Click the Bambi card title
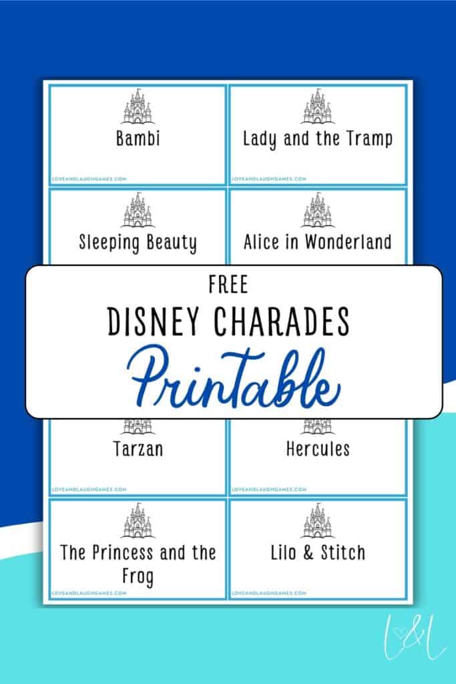pyautogui.click(x=138, y=140)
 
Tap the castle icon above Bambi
pyautogui.click(x=137, y=108)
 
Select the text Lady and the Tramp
pyautogui.click(x=317, y=139)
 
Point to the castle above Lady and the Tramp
pyautogui.click(x=317, y=108)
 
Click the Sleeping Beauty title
pyautogui.click(x=138, y=242)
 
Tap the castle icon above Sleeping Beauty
pyautogui.click(x=137, y=210)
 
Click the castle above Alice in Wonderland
pyautogui.click(x=317, y=210)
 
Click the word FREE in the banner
pyautogui.click(x=228, y=285)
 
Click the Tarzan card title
pyautogui.click(x=138, y=449)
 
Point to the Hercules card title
pyautogui.click(x=317, y=448)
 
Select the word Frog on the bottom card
pyautogui.click(x=138, y=576)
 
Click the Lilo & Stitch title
pyautogui.click(x=317, y=552)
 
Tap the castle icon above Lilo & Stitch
pyautogui.click(x=317, y=521)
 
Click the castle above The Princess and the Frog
pyautogui.click(x=137, y=521)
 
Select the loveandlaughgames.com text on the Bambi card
pyautogui.click(x=89, y=178)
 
